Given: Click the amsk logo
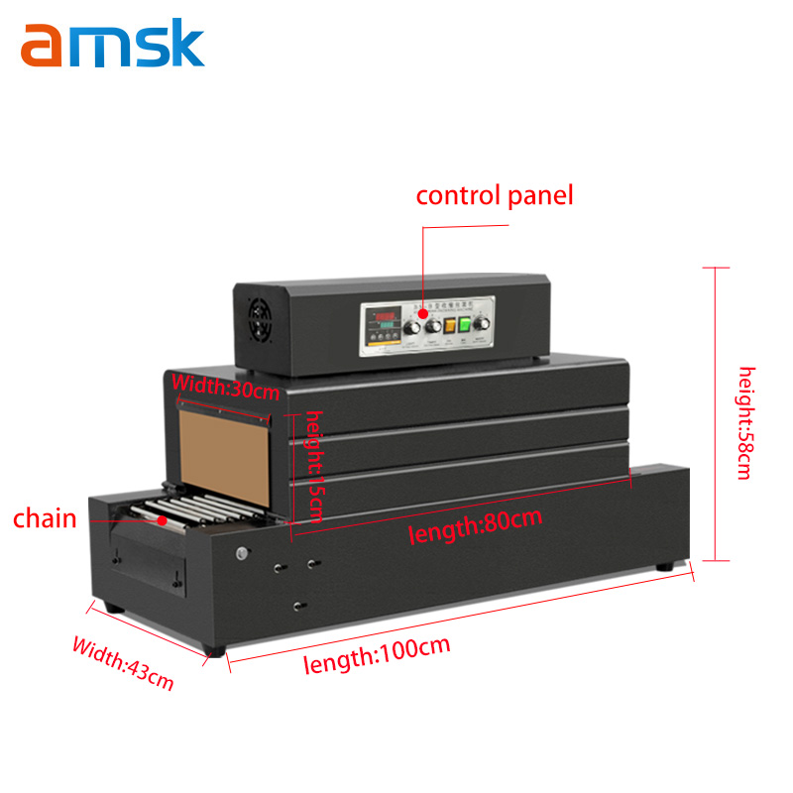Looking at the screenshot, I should tap(112, 44).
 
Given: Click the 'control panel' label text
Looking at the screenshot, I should tap(495, 195).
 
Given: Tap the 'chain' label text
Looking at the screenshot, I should tap(45, 518).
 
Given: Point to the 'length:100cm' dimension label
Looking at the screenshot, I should tap(377, 656).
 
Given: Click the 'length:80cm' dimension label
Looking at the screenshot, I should tap(476, 525).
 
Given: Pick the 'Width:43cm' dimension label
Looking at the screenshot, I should tap(123, 663).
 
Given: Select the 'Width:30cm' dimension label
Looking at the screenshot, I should tap(227, 386).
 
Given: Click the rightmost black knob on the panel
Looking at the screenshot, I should tap(484, 324).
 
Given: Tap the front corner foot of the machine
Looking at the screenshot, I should tap(215, 650).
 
